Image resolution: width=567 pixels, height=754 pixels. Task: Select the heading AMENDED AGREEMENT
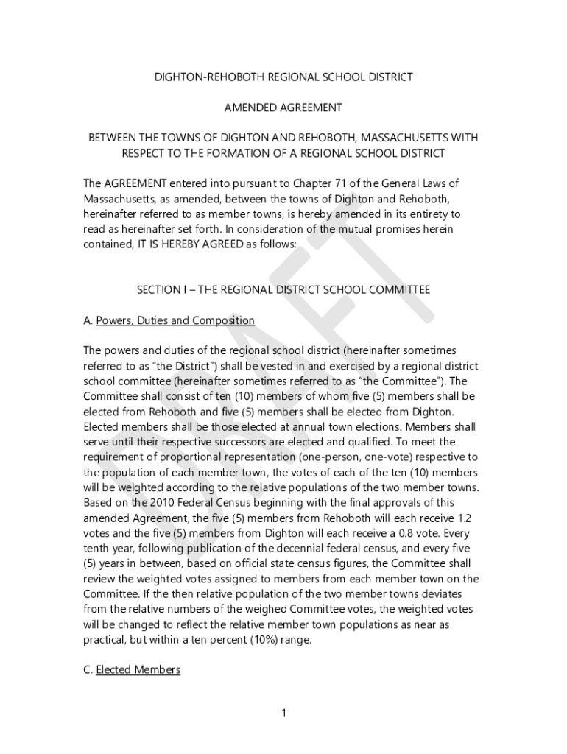pyautogui.click(x=283, y=108)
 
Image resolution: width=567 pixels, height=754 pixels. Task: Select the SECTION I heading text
pyautogui.click(x=283, y=290)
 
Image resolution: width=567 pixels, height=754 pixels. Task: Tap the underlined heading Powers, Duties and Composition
pyautogui.click(x=175, y=320)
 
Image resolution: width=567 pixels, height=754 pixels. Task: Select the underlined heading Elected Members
pyautogui.click(x=138, y=670)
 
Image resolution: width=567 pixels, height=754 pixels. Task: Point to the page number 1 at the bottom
pyautogui.click(x=283, y=713)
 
